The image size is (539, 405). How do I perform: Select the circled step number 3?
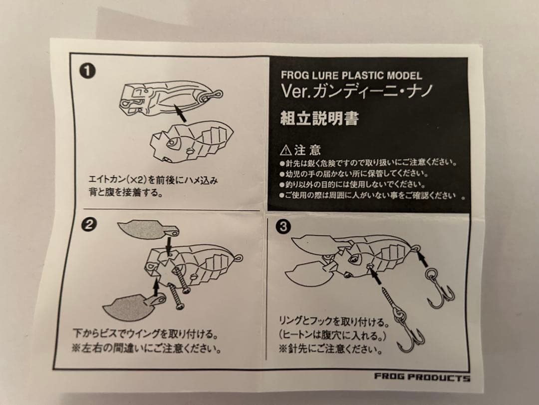click(x=283, y=227)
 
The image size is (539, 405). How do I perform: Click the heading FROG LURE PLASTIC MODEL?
click(x=351, y=76)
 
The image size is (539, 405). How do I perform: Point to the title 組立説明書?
click(x=320, y=119)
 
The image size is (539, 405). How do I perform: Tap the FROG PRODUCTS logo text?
click(x=422, y=377)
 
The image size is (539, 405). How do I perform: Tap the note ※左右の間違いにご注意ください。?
click(x=147, y=346)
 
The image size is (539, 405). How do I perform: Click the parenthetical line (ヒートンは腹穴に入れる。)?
click(x=333, y=334)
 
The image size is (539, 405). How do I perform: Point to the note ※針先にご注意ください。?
click(x=331, y=347)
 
